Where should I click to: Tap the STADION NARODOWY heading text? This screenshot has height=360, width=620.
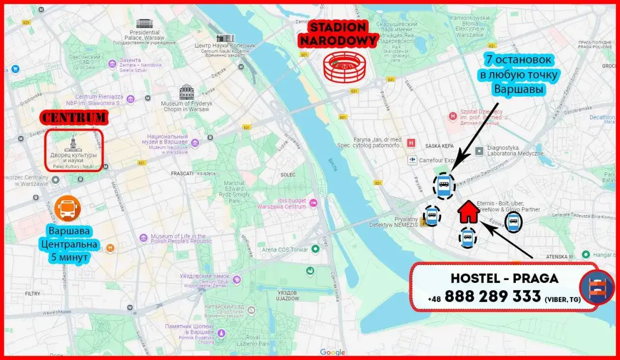click(x=338, y=34)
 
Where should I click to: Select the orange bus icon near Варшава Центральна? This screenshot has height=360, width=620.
click(x=67, y=209)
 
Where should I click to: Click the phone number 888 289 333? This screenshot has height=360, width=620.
click(x=492, y=296)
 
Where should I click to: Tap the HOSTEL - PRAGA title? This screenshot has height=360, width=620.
click(x=504, y=278)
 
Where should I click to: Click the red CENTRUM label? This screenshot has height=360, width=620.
click(x=73, y=117)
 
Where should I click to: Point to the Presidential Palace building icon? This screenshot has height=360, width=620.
click(x=144, y=24)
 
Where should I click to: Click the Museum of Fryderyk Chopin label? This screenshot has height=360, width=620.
click(x=186, y=106)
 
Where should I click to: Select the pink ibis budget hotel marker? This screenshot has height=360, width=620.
click(x=313, y=203)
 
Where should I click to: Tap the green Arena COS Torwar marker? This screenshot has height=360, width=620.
click(x=316, y=250)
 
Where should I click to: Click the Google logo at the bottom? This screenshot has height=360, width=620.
click(x=332, y=352)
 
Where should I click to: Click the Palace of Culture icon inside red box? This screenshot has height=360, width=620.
click(x=73, y=143)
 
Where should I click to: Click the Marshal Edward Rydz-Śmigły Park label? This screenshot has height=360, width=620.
click(x=228, y=191)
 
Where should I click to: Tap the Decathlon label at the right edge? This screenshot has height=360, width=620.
click(x=602, y=117)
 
